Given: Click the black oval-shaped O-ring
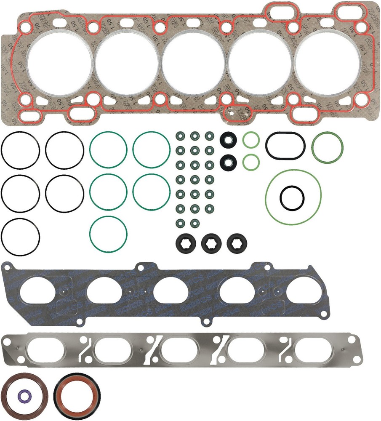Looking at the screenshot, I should point(285,146).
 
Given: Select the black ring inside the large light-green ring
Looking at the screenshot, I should point(292,197).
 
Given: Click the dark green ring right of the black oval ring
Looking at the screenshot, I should point(327,147).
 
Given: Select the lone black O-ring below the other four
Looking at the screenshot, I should point(21,237).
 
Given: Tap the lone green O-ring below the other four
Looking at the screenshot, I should point(108,235).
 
